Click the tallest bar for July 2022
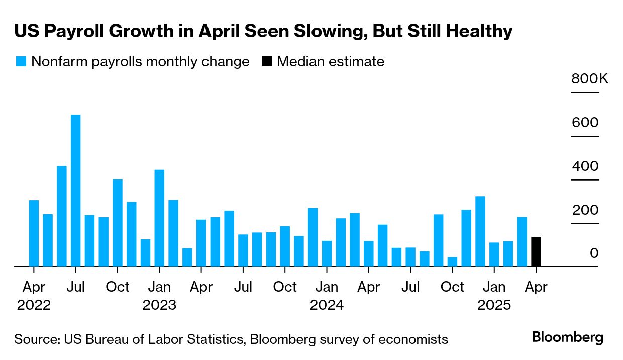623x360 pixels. coord(76,191)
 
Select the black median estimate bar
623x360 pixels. coord(536,252)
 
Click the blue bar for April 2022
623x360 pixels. coord(34,233)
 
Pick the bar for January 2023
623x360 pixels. coord(159,218)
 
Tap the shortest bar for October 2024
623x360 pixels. coord(452,262)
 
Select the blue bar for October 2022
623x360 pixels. coord(118,223)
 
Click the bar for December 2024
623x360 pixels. coord(480,231)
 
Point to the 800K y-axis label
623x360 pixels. coord(589,79)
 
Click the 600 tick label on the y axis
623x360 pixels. coord(585,123)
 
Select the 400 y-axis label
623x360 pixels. coord(585,166)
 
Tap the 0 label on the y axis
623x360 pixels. coord(594,253)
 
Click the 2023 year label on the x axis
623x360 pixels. coord(159,305)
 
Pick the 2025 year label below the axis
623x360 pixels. coord(494,305)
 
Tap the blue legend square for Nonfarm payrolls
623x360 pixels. coord(21,62)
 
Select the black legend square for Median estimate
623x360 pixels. coord(267,62)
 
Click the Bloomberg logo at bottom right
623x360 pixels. coord(568,338)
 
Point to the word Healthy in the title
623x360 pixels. coord(480,31)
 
